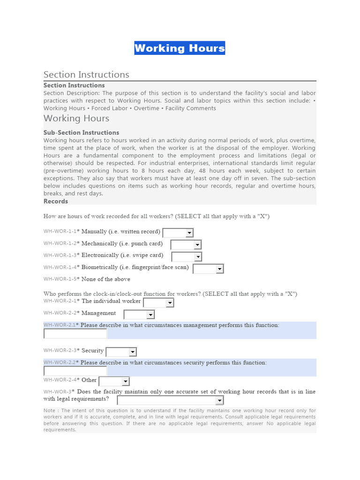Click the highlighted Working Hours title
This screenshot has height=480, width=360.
click(x=180, y=48)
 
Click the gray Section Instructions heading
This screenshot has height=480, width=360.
click(x=86, y=75)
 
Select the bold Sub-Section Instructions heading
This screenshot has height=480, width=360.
click(x=81, y=133)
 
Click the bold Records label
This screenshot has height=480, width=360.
click(x=56, y=201)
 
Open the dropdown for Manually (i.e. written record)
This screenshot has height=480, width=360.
click(x=178, y=232)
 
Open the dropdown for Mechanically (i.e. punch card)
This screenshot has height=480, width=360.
click(x=186, y=245)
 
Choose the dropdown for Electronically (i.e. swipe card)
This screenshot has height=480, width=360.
click(x=187, y=256)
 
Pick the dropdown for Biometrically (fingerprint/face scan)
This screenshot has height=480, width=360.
click(x=208, y=269)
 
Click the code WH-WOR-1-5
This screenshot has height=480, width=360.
click(x=61, y=279)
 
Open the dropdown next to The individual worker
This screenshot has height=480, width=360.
click(x=158, y=303)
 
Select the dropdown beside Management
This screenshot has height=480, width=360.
click(x=139, y=315)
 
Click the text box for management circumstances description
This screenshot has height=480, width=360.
click(x=75, y=334)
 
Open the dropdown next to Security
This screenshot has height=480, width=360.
click(x=121, y=352)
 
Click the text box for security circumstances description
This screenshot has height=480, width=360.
click(x=75, y=371)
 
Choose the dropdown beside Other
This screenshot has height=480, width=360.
click(x=114, y=381)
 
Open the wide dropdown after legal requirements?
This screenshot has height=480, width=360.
click(x=170, y=400)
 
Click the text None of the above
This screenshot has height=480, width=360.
click(x=106, y=279)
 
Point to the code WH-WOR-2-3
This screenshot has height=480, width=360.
click(x=61, y=351)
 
